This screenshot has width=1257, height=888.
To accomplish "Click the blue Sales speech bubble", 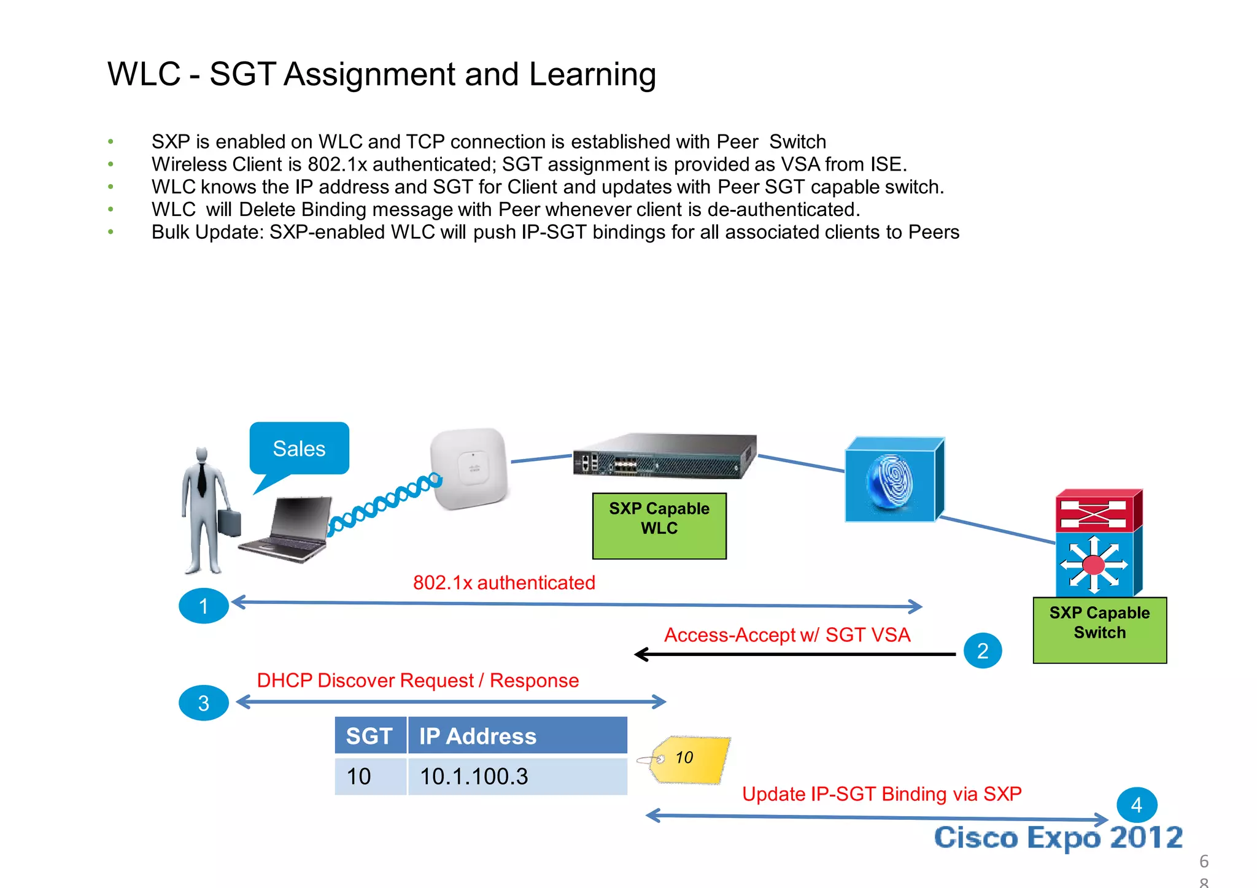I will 299,449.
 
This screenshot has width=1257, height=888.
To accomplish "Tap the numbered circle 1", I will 203,606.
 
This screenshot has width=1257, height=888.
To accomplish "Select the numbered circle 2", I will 982,651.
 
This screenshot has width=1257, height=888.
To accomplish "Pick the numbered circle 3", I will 203,703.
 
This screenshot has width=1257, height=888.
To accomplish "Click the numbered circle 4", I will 1136,805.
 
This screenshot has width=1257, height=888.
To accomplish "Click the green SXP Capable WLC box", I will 659,526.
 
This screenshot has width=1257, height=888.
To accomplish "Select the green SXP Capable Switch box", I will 1099,630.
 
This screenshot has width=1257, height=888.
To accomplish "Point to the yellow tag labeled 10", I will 690,760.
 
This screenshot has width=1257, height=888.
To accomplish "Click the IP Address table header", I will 517,735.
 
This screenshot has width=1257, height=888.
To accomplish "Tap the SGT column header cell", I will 369,735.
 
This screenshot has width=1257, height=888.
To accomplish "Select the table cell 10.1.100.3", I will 517,776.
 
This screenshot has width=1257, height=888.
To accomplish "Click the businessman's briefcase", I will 228,522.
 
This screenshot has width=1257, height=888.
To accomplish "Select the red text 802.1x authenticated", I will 504,582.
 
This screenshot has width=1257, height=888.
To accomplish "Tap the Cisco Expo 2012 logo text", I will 1058,838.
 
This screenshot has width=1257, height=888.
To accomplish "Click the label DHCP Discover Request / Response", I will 417,681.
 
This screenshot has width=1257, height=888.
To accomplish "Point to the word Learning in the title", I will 592,74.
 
